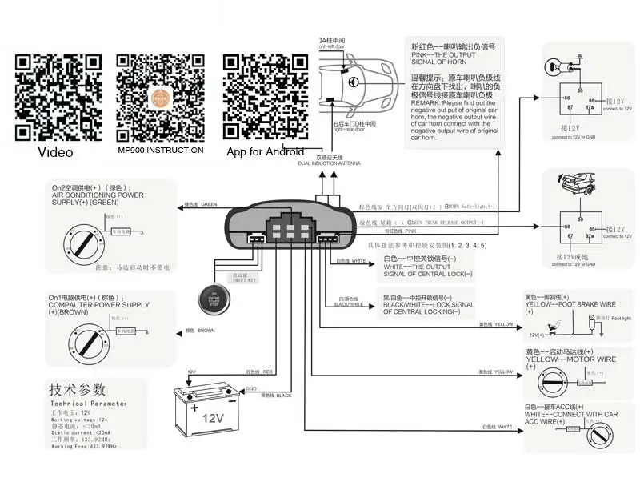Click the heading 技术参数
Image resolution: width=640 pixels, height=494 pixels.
78,389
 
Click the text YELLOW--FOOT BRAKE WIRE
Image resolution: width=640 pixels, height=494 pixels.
570,303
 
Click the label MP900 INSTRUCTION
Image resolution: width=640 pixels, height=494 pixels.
160,150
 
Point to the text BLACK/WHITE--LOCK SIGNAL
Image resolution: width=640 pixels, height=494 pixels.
428,304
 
